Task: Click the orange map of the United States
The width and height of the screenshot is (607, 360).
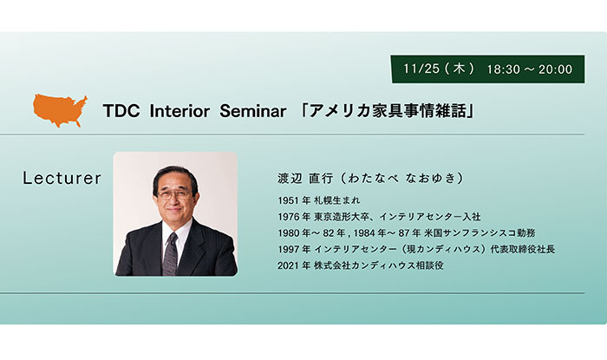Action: point(60,110)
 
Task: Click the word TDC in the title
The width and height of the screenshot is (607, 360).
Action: point(121,112)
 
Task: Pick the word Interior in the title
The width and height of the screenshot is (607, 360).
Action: point(179,112)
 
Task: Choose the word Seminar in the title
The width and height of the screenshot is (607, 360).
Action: point(253,112)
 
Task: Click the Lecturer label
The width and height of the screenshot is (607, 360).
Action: point(62,178)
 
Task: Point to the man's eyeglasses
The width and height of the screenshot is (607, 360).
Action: point(174,194)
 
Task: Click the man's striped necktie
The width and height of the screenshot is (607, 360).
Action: point(170,253)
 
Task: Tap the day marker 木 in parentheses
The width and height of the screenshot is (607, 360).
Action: point(459,69)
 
